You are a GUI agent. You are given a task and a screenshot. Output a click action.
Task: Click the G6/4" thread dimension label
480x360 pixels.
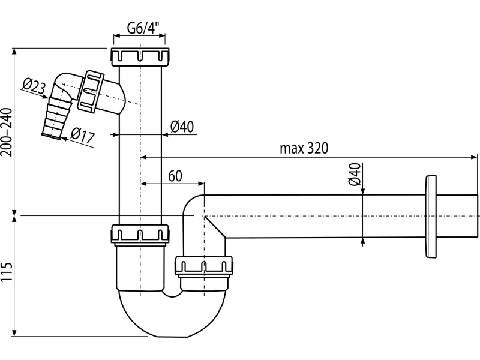tap(143, 28)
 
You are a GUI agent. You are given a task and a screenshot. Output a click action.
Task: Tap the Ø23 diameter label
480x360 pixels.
tap(34, 86)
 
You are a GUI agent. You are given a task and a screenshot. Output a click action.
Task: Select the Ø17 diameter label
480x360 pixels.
tap(83, 135)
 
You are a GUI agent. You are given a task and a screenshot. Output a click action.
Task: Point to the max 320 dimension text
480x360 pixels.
tap(304, 148)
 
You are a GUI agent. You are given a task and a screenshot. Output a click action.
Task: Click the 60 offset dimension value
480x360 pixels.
tap(175, 176)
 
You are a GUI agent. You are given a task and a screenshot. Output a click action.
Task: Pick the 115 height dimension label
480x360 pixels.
tap(7, 272)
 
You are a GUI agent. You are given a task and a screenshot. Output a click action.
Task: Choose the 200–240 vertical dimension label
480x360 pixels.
tap(7, 132)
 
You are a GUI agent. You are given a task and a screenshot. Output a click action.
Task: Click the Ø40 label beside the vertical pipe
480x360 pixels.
tap(182, 127)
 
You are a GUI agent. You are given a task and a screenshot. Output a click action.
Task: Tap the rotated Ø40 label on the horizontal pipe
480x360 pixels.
tap(354, 174)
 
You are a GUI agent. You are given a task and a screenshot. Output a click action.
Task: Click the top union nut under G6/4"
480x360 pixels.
tap(140, 56)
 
